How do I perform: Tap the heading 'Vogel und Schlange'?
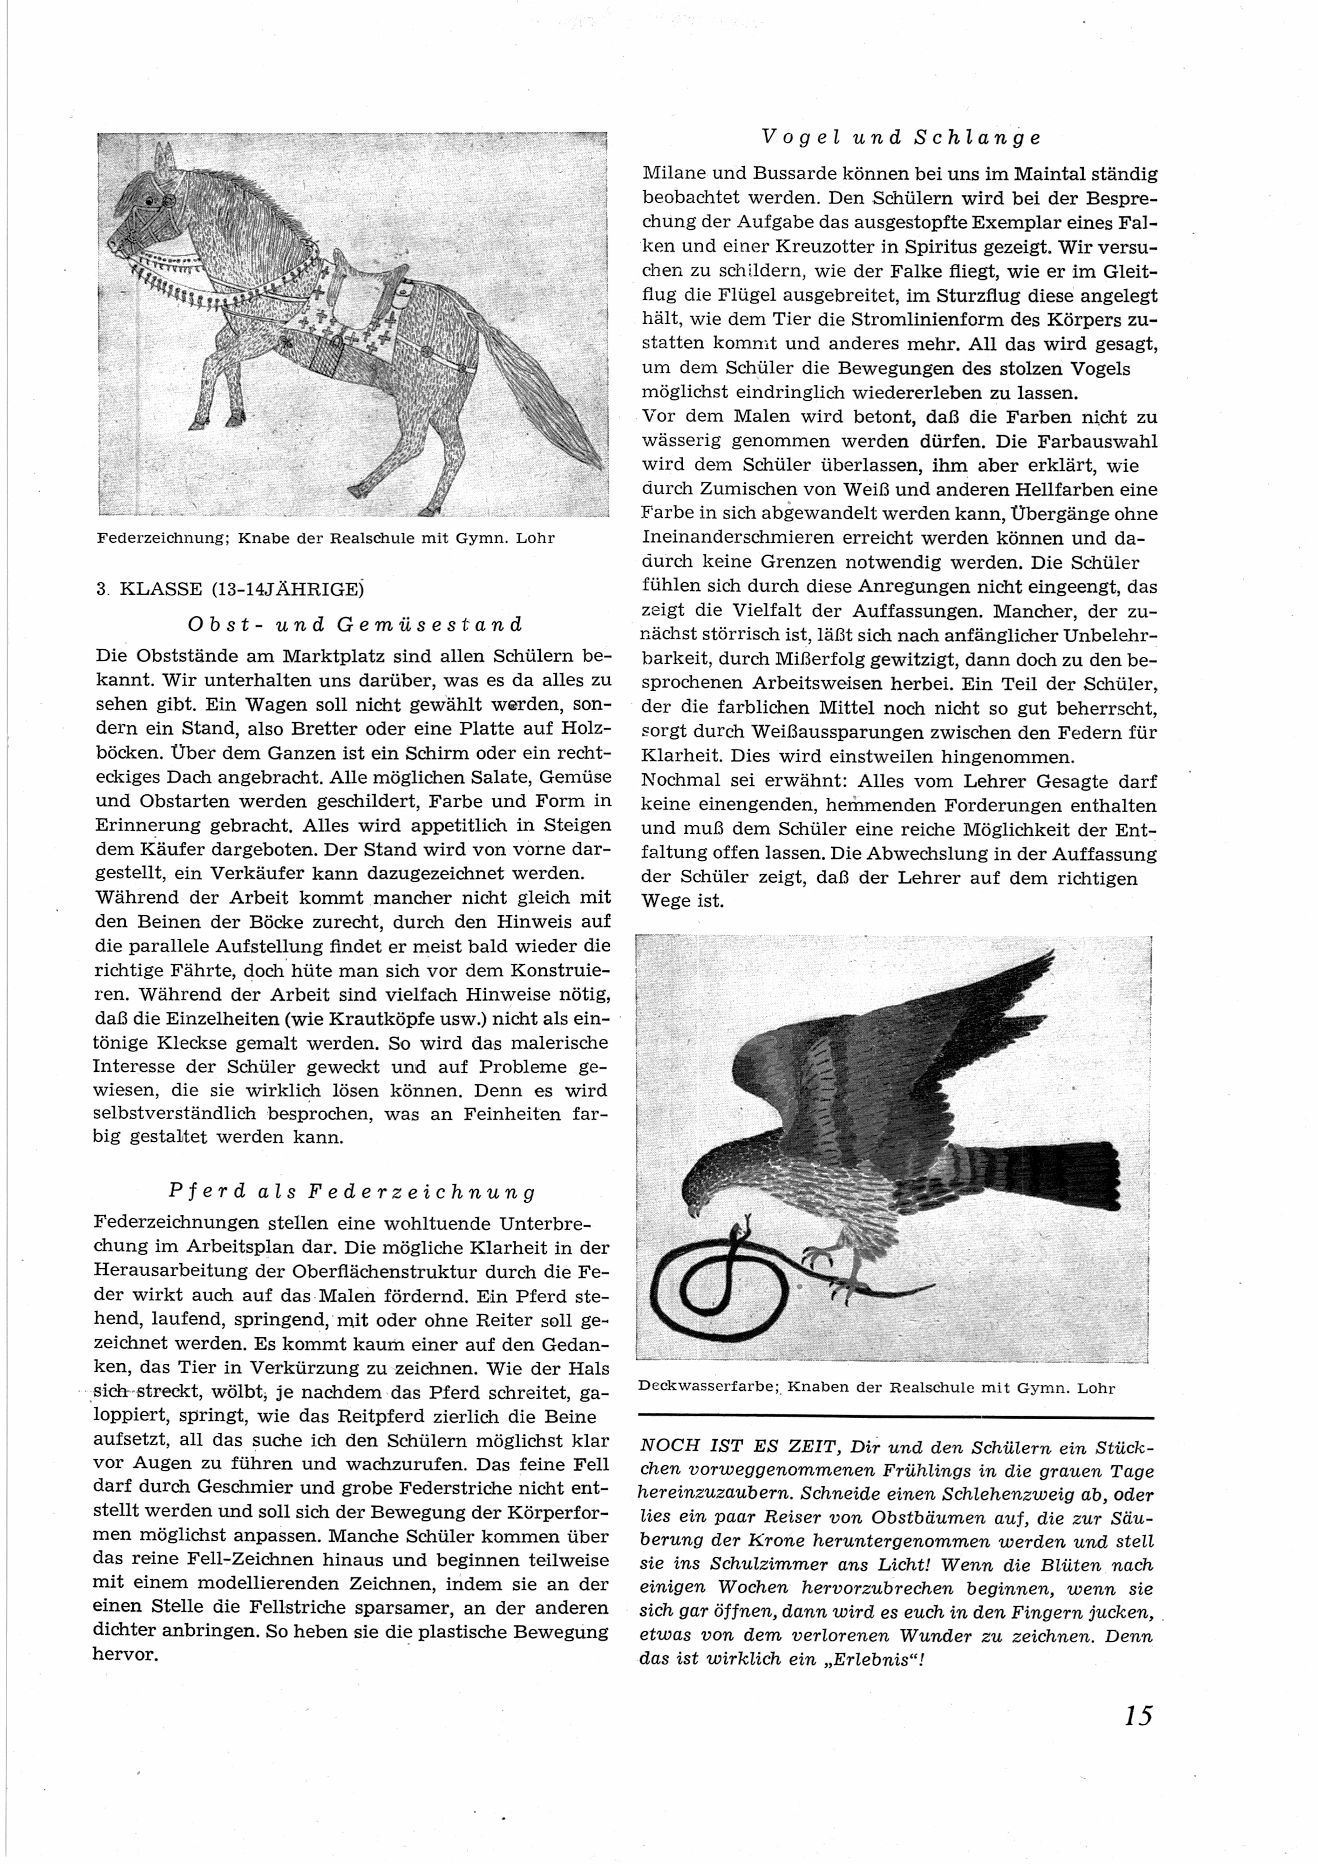[x=901, y=137]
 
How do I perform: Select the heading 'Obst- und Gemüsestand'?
[x=355, y=624]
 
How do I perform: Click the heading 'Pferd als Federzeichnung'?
[x=352, y=1192]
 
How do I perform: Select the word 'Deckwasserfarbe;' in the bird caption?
[x=706, y=1387]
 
